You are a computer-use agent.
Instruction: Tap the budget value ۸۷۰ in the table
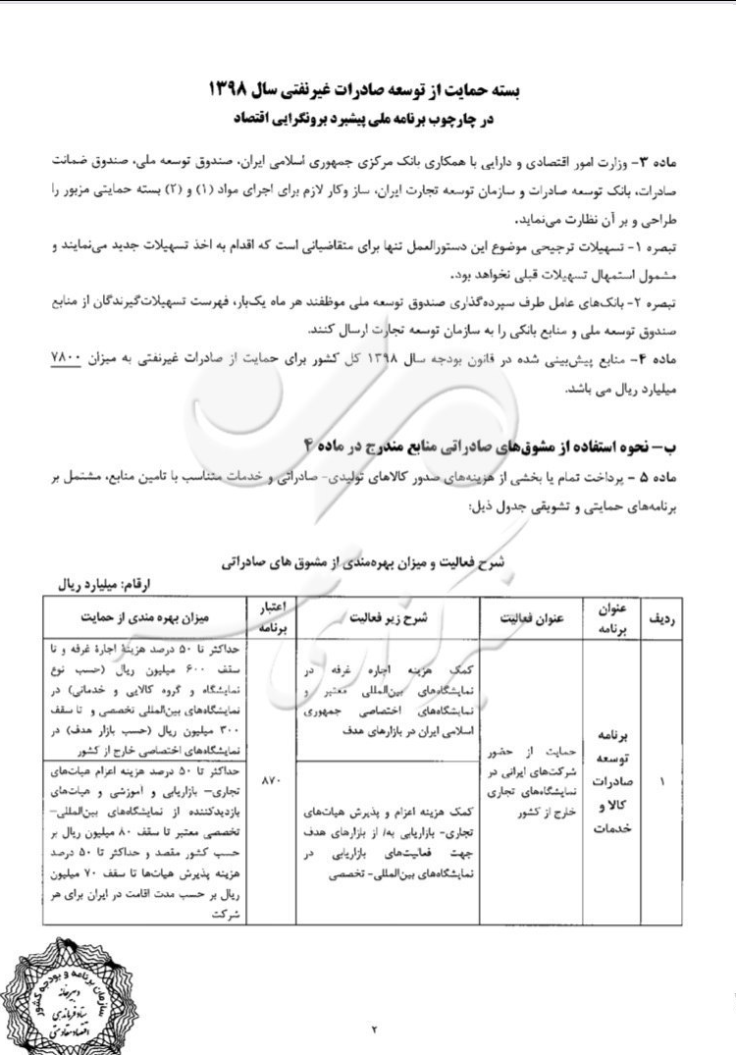[273, 781]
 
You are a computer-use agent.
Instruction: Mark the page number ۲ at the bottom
[376, 1029]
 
